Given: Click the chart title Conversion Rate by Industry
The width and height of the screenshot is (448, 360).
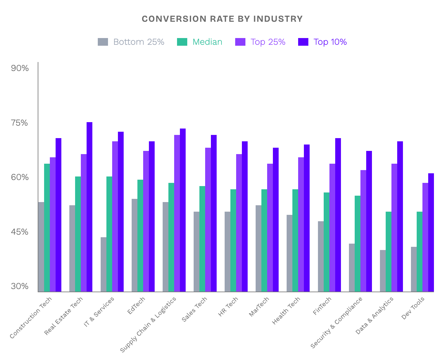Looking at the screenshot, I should coord(222,19).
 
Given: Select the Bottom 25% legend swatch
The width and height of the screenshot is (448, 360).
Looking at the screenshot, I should coord(103,42).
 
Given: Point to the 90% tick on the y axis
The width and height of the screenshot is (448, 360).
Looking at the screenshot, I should coord(20,68).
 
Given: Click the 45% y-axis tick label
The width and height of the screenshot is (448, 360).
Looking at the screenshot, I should coord(20,232).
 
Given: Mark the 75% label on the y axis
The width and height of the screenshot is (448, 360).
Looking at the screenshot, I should coord(20,123).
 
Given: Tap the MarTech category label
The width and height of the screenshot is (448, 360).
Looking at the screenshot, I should coord(259,307).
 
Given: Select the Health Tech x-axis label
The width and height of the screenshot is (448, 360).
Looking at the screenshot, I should coord(286,310).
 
